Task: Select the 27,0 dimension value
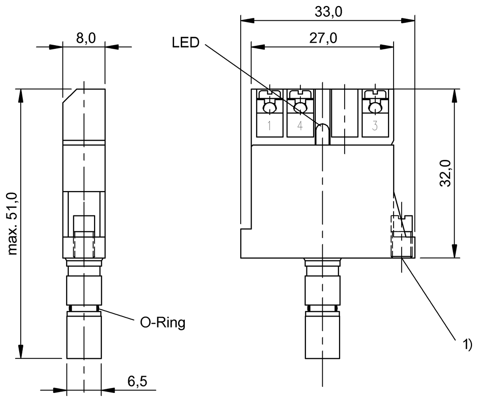(x=323, y=39)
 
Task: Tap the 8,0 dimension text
(x=84, y=39)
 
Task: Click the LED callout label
(x=186, y=42)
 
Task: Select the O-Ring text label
(x=163, y=323)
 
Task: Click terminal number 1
(x=269, y=126)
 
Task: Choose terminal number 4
(x=300, y=126)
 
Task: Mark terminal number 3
(x=374, y=126)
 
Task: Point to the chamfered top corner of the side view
(x=67, y=95)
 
